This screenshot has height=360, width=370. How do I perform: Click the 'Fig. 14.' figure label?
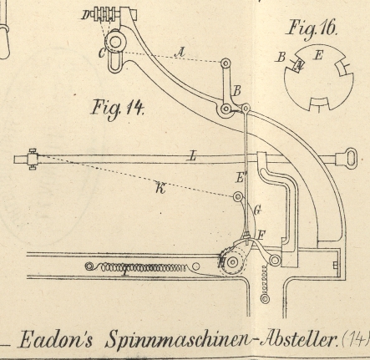118,109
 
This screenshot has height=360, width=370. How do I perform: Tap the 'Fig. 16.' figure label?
312,28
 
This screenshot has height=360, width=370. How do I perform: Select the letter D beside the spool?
85,15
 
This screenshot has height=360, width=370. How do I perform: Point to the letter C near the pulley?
102,53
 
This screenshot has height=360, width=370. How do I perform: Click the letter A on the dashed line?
180,52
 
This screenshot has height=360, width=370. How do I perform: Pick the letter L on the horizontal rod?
193,156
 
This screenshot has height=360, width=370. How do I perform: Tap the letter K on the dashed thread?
161,188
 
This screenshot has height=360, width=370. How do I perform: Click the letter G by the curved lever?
257,210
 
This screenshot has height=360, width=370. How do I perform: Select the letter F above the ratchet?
261,236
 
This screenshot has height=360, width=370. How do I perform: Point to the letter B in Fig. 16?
281,57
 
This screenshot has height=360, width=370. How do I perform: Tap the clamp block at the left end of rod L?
33,160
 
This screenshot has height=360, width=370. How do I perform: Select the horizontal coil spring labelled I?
136,267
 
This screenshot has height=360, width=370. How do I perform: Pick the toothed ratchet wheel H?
232,261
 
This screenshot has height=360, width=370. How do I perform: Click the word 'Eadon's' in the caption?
56,339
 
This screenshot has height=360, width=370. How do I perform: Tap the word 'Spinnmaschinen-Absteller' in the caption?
220,339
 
